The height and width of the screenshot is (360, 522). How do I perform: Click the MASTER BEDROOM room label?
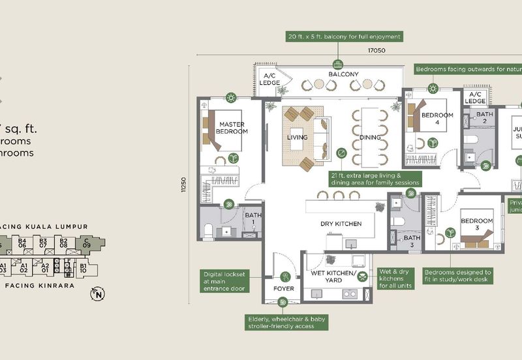click(232, 127)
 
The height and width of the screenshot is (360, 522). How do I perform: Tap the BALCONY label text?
click(343, 74)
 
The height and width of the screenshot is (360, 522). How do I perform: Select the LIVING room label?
click(298, 138)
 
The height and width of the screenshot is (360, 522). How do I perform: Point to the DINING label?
click(370, 138)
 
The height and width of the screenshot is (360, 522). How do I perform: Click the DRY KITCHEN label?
click(341, 224)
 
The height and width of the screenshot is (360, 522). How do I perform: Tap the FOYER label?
click(283, 288)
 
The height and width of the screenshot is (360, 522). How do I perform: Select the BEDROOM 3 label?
click(477, 224)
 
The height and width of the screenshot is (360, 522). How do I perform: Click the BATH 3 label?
click(412, 241)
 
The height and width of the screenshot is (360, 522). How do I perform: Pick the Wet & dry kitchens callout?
click(395, 278)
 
